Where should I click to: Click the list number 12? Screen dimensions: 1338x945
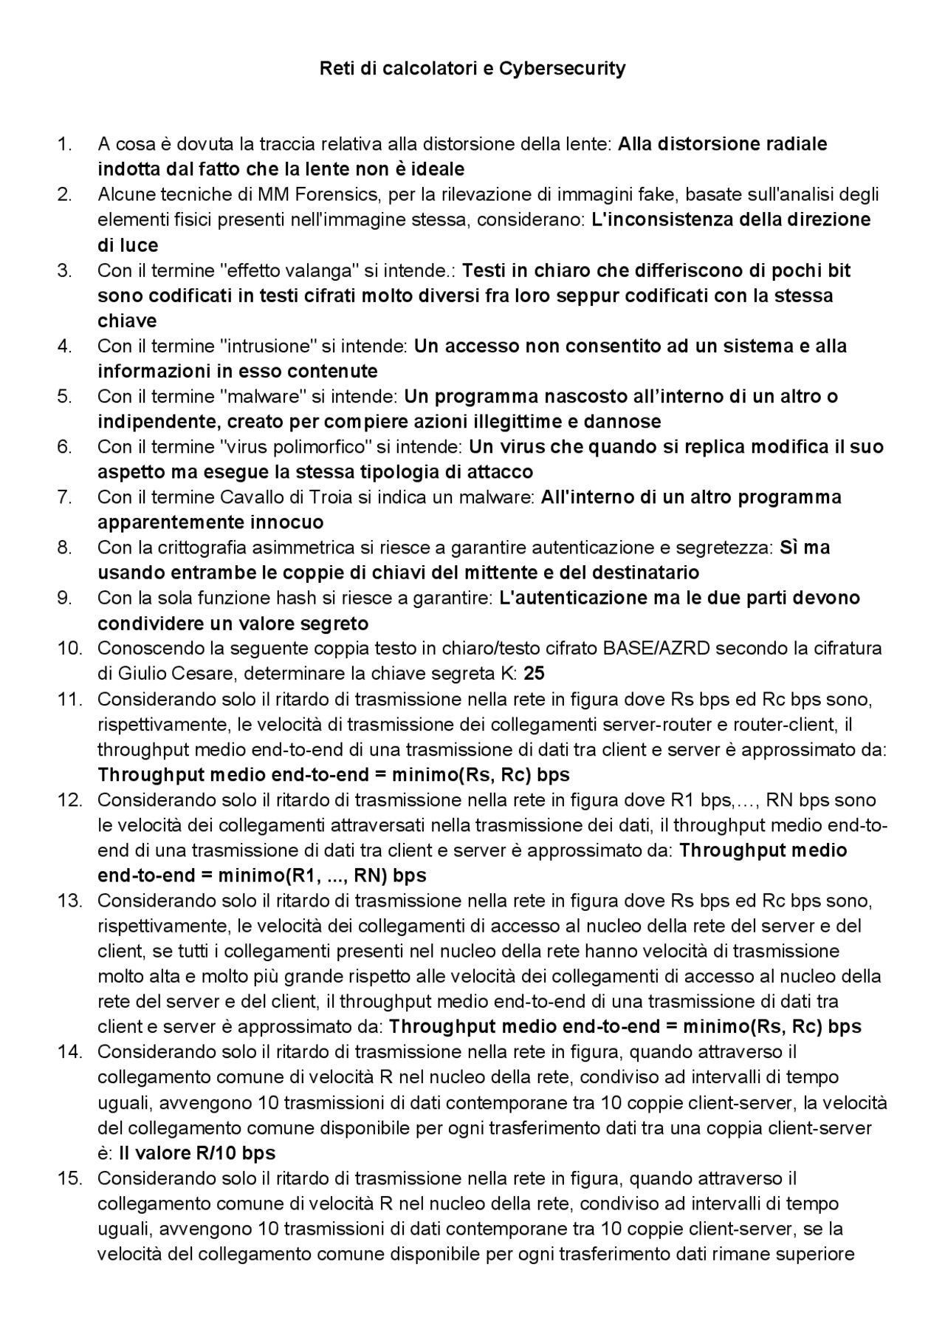[x=69, y=800]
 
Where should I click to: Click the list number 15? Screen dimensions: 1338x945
[x=69, y=1178]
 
